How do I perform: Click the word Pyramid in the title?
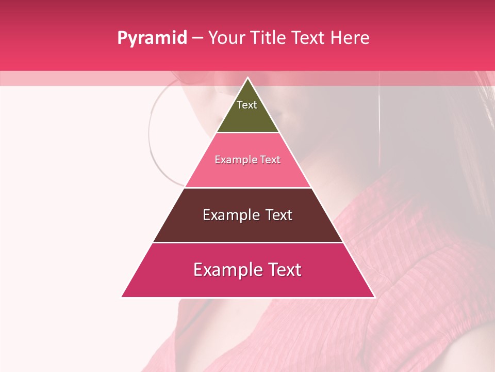[x=152, y=38]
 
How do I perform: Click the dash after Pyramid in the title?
[x=197, y=38]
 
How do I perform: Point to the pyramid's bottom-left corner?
[x=122, y=297]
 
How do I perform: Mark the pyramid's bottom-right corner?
[x=374, y=297]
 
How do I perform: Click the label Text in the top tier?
[x=247, y=105]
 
